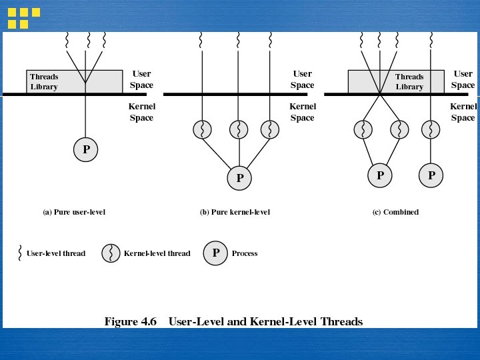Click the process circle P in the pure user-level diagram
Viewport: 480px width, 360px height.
click(86, 150)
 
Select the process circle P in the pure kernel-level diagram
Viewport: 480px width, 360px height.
click(239, 177)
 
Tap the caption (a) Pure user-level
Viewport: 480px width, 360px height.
click(74, 212)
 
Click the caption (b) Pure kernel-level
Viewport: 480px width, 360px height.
click(235, 212)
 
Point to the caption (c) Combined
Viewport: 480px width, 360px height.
click(395, 212)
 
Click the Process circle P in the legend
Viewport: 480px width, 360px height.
click(215, 253)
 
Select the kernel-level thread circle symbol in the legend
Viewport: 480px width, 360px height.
click(111, 253)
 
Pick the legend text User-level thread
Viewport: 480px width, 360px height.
click(56, 253)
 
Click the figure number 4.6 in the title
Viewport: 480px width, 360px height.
click(147, 321)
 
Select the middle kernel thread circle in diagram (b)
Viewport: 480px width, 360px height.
click(239, 129)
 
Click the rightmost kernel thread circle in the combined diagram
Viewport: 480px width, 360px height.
click(431, 129)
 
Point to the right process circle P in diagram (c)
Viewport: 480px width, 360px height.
click(431, 175)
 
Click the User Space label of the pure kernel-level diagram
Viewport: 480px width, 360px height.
click(302, 79)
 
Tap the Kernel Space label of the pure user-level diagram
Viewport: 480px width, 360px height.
click(141, 112)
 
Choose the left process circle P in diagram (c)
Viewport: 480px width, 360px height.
click(380, 175)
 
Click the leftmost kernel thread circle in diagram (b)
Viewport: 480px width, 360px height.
click(202, 129)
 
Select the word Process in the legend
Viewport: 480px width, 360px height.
click(245, 253)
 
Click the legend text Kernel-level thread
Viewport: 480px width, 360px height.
click(157, 253)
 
